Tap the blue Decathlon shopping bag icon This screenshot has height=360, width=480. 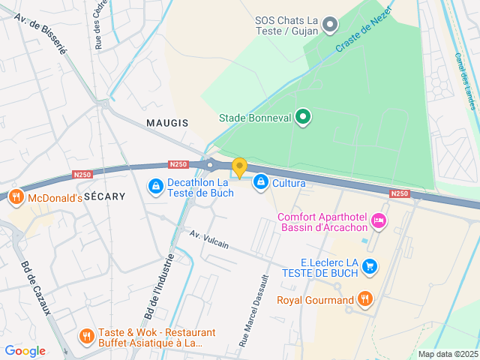pyautogui.click(x=154, y=184)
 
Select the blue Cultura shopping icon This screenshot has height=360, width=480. pyautogui.click(x=260, y=181)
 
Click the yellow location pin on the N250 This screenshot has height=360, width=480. pyautogui.click(x=239, y=168)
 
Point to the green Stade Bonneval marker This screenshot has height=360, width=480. pyautogui.click(x=303, y=117)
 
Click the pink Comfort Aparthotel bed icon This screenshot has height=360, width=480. pyautogui.click(x=379, y=220)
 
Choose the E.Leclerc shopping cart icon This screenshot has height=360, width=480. pyautogui.click(x=369, y=265)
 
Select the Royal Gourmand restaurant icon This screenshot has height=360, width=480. pyautogui.click(x=364, y=300)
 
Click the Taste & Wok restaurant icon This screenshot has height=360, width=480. pyautogui.click(x=87, y=335)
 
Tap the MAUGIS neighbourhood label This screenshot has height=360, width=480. pyautogui.click(x=167, y=122)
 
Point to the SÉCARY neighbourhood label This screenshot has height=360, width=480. pyautogui.click(x=104, y=195)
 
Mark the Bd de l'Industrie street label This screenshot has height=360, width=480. pyautogui.click(x=159, y=285)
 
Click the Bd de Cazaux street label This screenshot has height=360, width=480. pyautogui.click(x=35, y=288)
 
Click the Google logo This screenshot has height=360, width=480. pyautogui.click(x=25, y=350)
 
